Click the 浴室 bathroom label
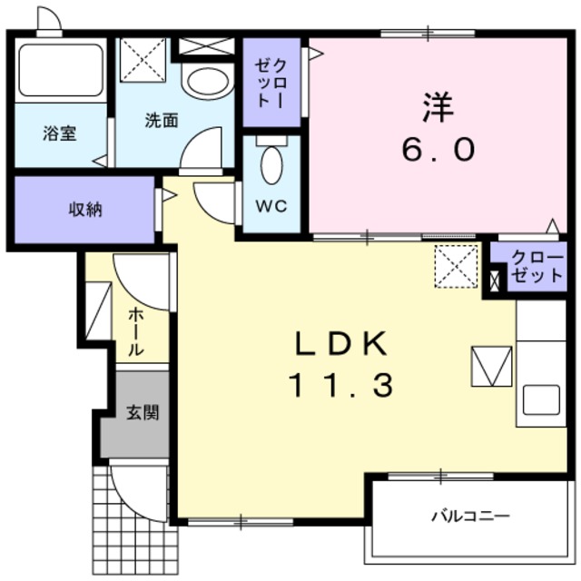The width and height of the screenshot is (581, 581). click(61, 133)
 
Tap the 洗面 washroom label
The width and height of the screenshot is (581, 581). click(161, 120)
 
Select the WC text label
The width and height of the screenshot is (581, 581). click(271, 206)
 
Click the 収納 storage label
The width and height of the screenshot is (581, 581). click(85, 210)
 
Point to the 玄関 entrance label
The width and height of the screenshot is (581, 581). click(142, 413)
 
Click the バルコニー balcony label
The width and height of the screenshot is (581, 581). click(469, 517)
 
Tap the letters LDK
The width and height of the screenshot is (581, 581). click(340, 343)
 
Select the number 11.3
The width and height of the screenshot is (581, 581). click(340, 387)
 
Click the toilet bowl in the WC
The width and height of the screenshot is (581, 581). click(271, 165)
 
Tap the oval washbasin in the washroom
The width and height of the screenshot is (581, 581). click(207, 81)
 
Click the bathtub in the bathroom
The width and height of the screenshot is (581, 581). click(61, 69)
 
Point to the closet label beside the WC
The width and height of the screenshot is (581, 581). click(271, 83)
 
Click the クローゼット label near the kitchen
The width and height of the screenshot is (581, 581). click(536, 266)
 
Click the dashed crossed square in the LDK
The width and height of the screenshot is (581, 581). click(455, 264)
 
